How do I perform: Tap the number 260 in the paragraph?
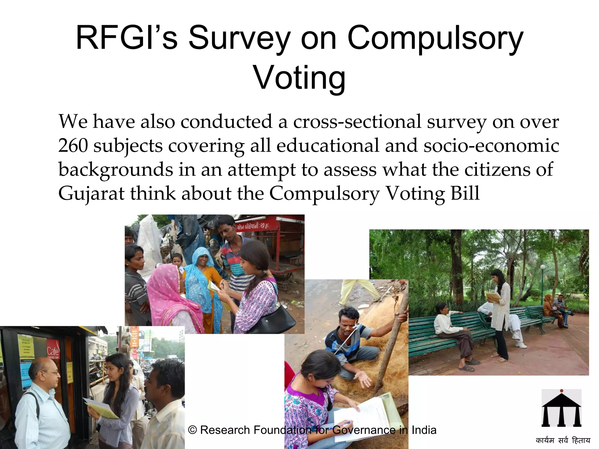pyautogui.click(x=73, y=145)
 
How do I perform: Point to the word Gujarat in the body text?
pyautogui.click(x=91, y=194)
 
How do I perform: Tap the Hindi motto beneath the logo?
pyautogui.click(x=563, y=441)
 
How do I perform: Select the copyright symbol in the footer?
pyautogui.click(x=192, y=430)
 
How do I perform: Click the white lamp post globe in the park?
pyautogui.click(x=543, y=267)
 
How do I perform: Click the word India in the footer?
pyautogui.click(x=424, y=430)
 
